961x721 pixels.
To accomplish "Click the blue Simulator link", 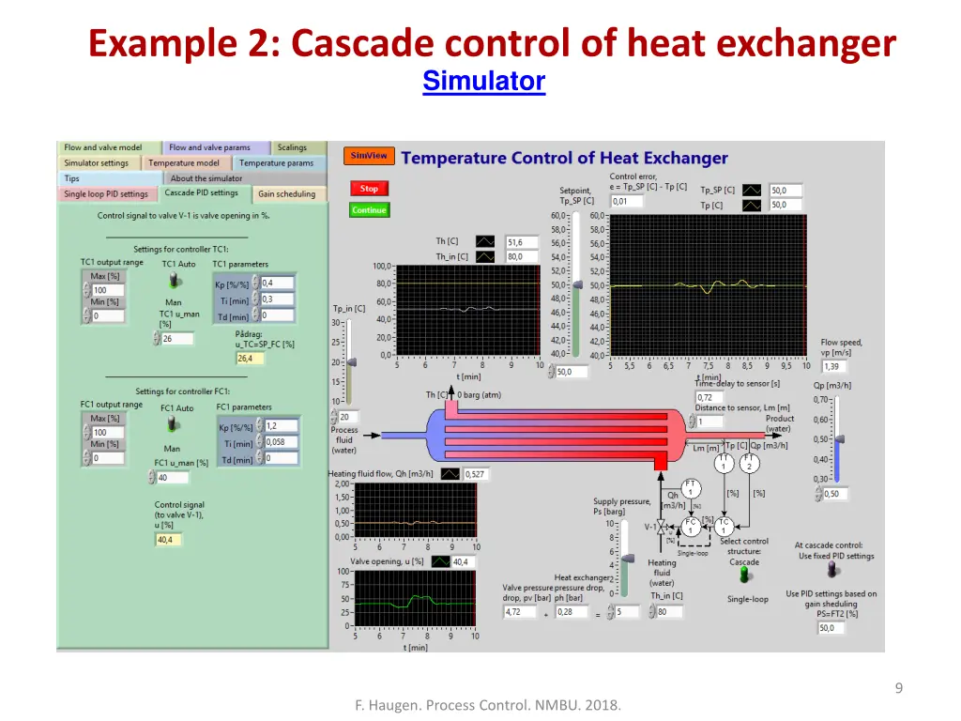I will tap(483, 82).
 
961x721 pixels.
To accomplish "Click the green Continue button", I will tap(369, 210).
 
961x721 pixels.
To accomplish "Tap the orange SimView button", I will tap(369, 156).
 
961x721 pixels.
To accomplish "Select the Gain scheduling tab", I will tap(287, 194).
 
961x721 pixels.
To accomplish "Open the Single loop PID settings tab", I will tap(106, 194).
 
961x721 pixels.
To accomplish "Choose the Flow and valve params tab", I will tap(209, 147).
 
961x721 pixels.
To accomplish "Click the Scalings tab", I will tap(292, 147).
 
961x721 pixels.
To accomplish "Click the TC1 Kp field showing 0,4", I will tap(277, 283).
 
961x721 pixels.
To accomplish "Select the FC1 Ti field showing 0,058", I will tap(281, 441).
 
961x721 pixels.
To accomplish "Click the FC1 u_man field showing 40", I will tap(174, 478).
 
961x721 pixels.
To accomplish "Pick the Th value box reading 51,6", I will tap(522, 242).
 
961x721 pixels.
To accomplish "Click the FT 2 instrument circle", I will tap(749, 463).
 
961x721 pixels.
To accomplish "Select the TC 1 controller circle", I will tap(724, 526).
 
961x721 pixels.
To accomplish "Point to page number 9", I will tap(898, 688).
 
